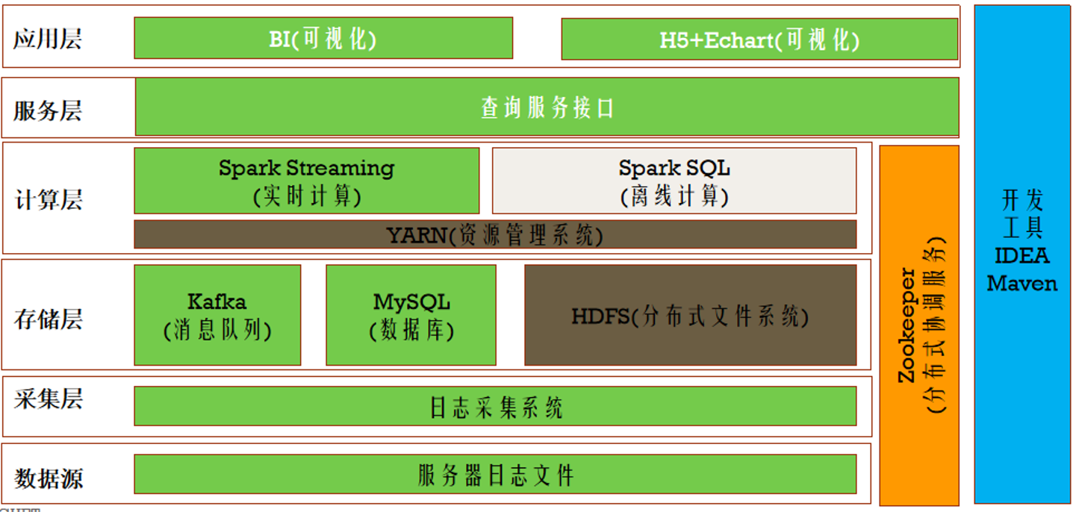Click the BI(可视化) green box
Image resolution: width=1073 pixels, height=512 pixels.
click(x=323, y=38)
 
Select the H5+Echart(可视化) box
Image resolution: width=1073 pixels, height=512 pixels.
click(x=759, y=40)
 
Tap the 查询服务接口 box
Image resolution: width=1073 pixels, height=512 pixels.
click(x=547, y=107)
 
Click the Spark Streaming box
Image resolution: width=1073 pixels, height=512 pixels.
click(x=306, y=181)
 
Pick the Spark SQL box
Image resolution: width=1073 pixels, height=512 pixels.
click(x=674, y=181)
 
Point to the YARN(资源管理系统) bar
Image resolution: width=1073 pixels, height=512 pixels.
click(x=494, y=234)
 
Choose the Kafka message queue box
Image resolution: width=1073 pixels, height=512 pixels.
click(x=217, y=315)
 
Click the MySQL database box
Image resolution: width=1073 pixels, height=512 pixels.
click(x=411, y=315)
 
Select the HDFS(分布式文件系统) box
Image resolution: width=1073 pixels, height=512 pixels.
click(x=690, y=315)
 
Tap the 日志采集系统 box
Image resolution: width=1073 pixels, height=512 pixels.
click(x=494, y=407)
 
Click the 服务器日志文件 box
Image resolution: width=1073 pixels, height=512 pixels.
click(x=494, y=475)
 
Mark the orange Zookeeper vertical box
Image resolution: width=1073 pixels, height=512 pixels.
click(x=918, y=325)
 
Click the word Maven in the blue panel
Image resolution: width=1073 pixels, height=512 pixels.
click(x=1021, y=284)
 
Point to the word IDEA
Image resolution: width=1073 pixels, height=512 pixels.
click(x=1021, y=256)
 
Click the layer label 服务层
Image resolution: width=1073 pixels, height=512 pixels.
click(x=47, y=111)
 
